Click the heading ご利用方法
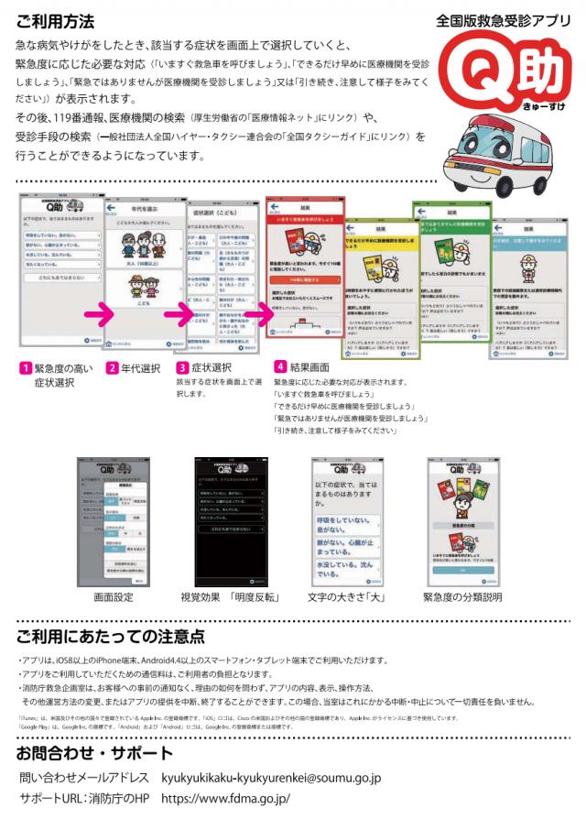point(54,20)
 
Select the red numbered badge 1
point(26,368)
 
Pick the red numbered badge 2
point(111,368)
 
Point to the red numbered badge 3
point(182,368)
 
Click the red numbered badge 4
point(279,367)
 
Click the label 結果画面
point(313,367)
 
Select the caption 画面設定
point(114,597)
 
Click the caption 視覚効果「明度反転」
point(230,597)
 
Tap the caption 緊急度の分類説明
point(462,597)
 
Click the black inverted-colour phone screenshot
point(229,521)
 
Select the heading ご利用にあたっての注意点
point(110,637)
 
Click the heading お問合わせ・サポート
point(94,753)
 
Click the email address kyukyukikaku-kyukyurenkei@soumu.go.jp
point(270,778)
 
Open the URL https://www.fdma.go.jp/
point(225,798)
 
